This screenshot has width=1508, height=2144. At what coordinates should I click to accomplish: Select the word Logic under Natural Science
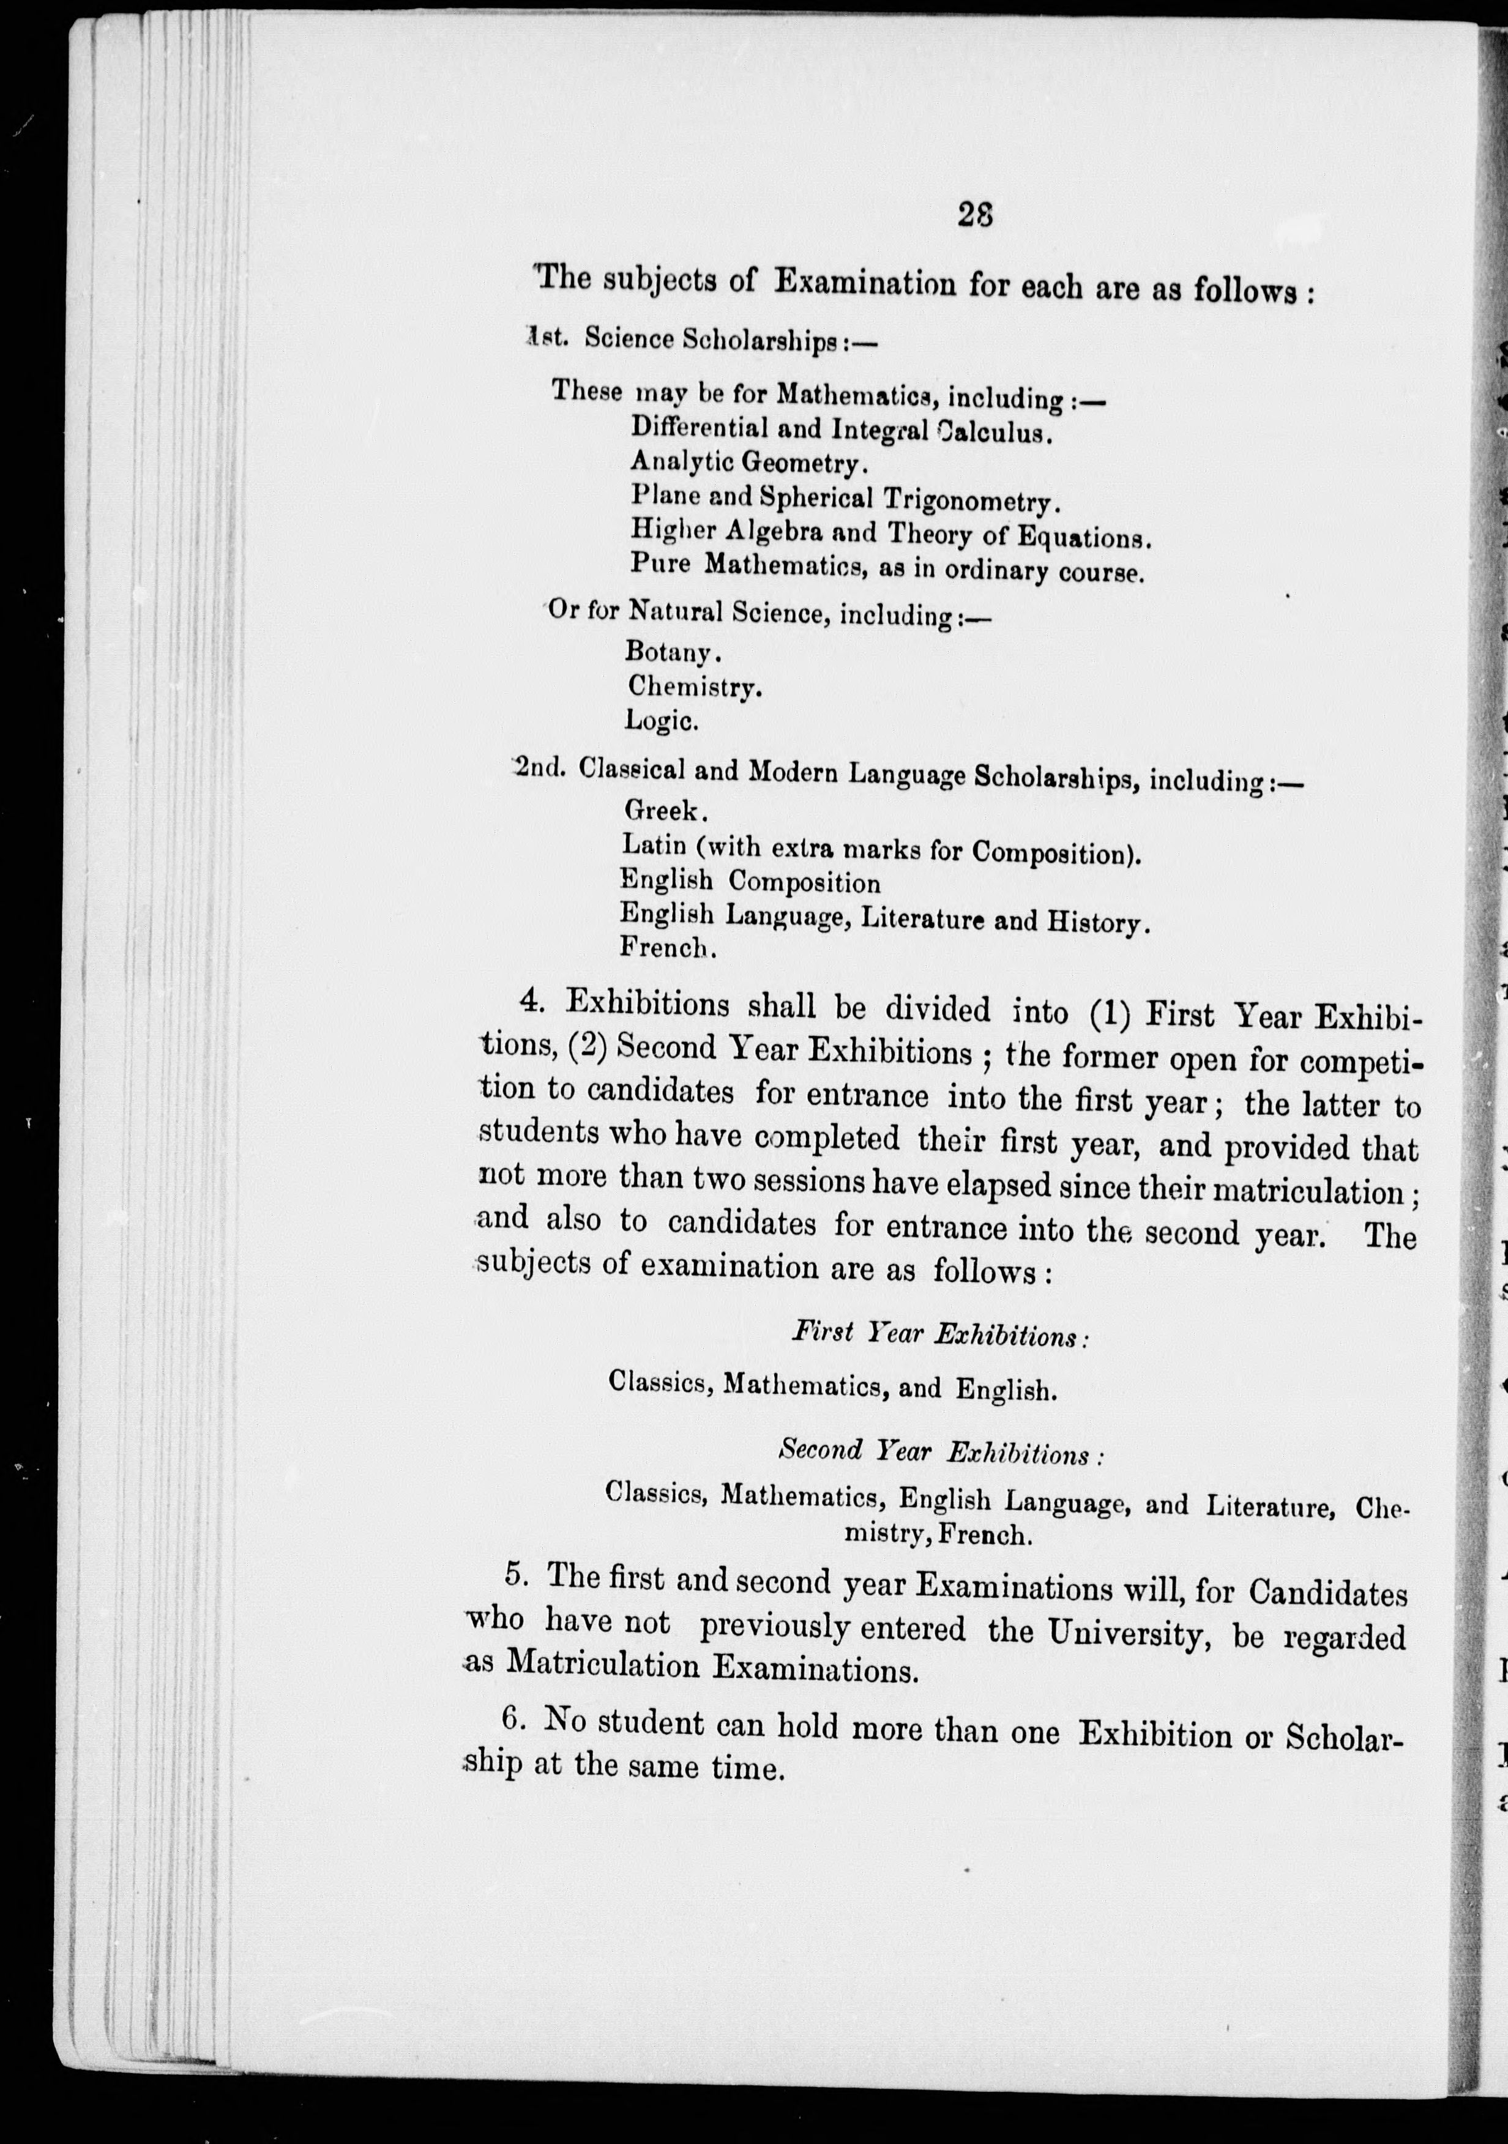tap(661, 720)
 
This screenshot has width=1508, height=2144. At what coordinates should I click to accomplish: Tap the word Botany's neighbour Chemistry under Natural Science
tap(694, 687)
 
